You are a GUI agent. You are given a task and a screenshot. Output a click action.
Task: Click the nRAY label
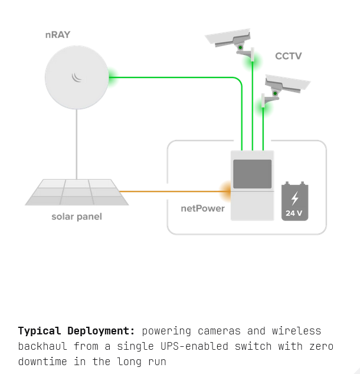(57, 35)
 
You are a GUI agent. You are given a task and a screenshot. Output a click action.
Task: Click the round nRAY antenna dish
(77, 77)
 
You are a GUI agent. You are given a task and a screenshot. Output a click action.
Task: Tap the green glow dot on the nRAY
(110, 77)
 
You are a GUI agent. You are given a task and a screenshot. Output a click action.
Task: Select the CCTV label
(288, 56)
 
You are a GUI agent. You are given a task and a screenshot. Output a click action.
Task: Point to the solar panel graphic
(77, 192)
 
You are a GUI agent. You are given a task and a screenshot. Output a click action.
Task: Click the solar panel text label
(77, 217)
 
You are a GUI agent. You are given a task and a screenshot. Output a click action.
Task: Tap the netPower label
(202, 209)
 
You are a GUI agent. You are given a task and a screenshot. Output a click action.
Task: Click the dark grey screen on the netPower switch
(252, 174)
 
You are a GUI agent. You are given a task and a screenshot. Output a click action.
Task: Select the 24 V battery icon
(294, 201)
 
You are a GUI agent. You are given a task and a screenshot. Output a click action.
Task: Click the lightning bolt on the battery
(294, 197)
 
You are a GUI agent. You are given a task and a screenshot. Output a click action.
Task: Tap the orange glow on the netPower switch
(225, 191)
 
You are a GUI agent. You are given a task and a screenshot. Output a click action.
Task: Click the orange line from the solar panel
(171, 191)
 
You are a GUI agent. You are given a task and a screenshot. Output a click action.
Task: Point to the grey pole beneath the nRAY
(77, 145)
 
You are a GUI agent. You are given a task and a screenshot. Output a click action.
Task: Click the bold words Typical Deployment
(77, 331)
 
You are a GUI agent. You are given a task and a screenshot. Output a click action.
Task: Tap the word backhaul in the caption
(42, 346)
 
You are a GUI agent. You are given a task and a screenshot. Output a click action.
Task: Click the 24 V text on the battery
(294, 213)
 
